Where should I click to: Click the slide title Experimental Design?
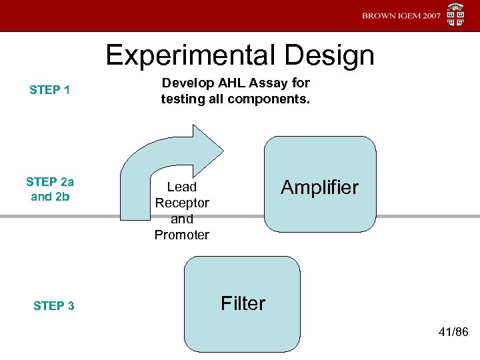(x=240, y=55)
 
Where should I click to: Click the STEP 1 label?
(x=50, y=90)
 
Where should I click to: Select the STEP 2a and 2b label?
(x=50, y=189)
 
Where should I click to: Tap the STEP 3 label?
(x=53, y=306)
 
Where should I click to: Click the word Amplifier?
(x=319, y=187)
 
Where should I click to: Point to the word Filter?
(x=243, y=303)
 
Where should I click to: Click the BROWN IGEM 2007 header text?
(x=401, y=16)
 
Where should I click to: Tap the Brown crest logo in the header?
(x=455, y=15)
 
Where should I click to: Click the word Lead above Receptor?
(x=181, y=187)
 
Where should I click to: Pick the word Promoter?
(x=181, y=235)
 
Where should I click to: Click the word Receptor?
(x=181, y=203)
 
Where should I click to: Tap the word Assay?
(x=273, y=83)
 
